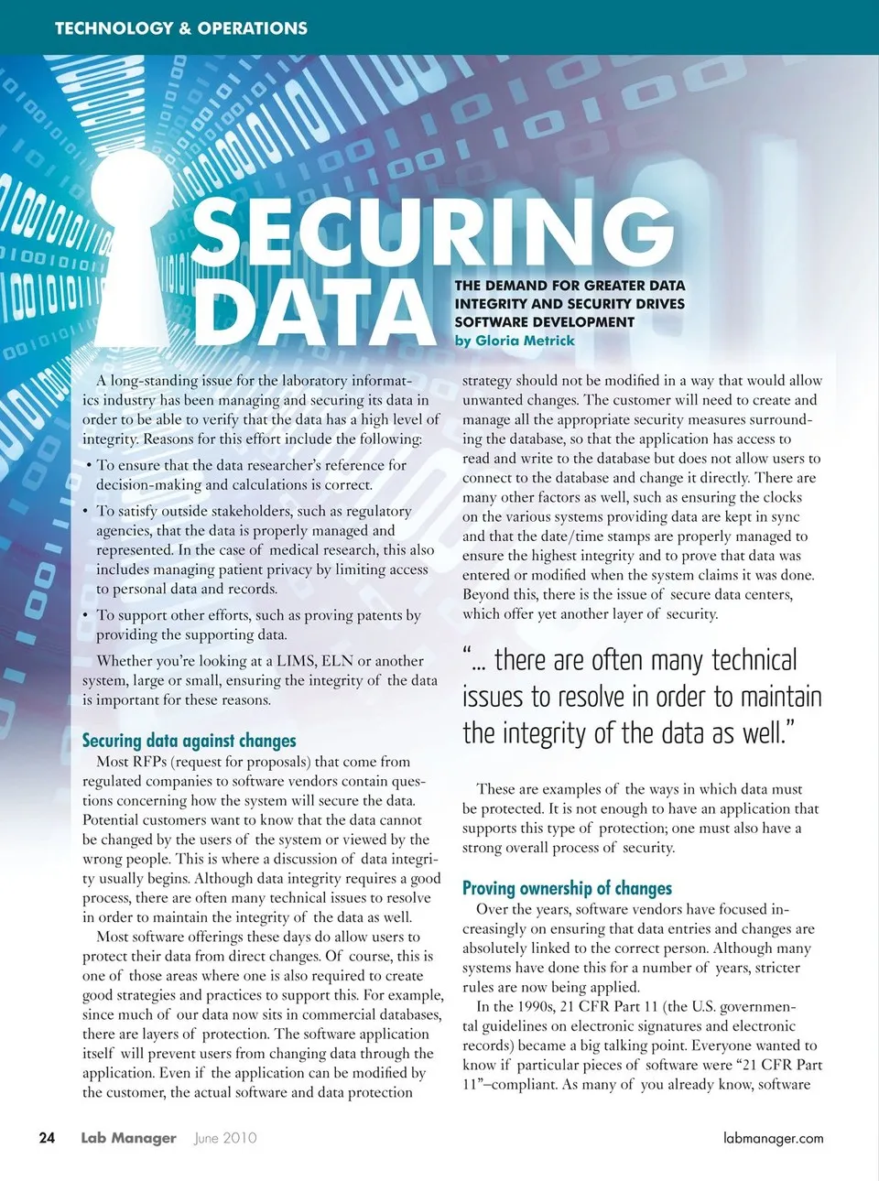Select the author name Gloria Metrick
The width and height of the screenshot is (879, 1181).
click(x=525, y=341)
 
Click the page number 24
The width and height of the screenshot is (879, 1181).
click(x=47, y=1138)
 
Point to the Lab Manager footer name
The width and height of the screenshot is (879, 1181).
click(x=128, y=1138)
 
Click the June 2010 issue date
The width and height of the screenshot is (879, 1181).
click(x=225, y=1138)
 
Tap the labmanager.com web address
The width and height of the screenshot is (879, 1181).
click(x=773, y=1138)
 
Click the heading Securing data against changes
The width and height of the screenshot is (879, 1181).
click(x=189, y=741)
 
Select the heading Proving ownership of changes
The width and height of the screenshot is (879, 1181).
click(x=567, y=888)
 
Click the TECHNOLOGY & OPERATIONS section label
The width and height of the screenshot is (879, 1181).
click(x=181, y=28)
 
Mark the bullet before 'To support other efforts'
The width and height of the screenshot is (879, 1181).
click(x=86, y=615)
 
